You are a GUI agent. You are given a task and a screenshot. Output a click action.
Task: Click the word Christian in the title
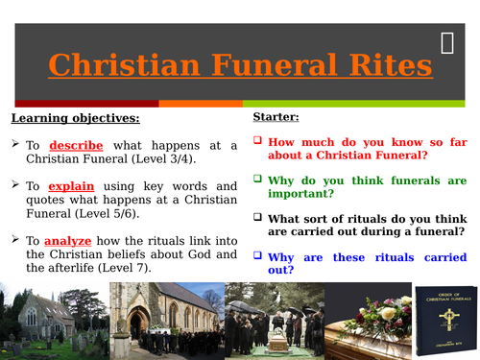109,65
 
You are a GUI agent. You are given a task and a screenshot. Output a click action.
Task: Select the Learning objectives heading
76,118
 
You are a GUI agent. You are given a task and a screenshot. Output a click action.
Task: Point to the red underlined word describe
77,145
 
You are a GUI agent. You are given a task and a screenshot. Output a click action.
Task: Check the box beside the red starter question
257,140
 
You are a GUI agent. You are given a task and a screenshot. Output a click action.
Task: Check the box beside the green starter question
257,179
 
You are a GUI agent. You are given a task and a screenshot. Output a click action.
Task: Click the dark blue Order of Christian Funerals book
446,321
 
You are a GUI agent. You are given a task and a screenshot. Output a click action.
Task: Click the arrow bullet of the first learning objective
17,145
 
